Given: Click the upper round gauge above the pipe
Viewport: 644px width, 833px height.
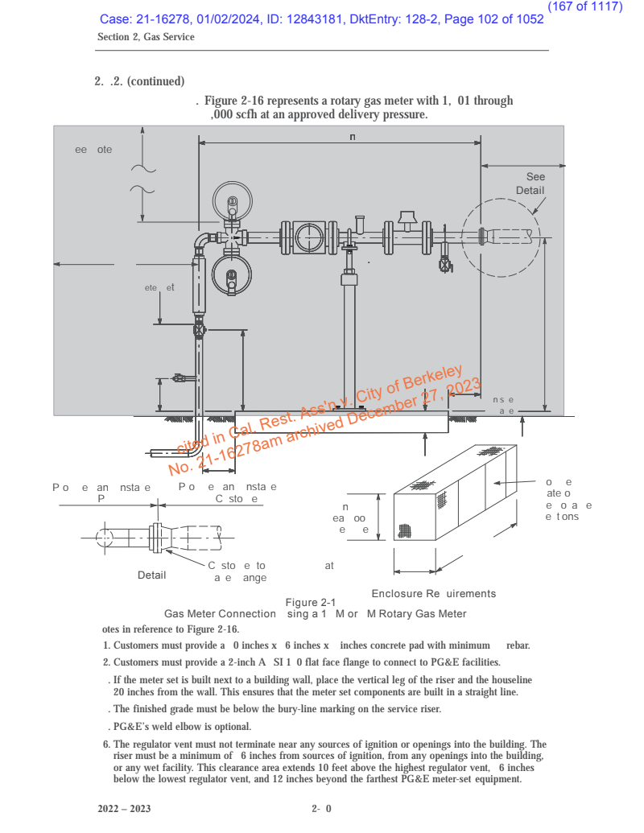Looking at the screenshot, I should point(233,202).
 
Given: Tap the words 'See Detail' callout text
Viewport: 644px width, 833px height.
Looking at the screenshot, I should point(531,184).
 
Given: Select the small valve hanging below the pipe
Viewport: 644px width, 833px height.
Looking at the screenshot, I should point(445,263).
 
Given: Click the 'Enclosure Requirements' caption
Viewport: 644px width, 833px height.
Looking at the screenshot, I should point(433,594).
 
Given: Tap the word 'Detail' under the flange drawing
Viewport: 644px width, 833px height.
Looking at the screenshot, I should point(151,575).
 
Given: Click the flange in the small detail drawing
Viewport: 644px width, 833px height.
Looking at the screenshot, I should point(155,537).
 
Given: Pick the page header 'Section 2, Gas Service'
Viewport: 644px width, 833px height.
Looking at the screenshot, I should point(146,37).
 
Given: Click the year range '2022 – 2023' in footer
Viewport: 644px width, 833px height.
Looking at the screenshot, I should point(124,808).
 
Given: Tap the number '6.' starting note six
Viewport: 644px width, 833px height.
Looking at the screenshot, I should point(107,744).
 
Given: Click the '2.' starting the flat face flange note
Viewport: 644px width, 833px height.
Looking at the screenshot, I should point(106,662).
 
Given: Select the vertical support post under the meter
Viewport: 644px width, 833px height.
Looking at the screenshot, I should point(349,338).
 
